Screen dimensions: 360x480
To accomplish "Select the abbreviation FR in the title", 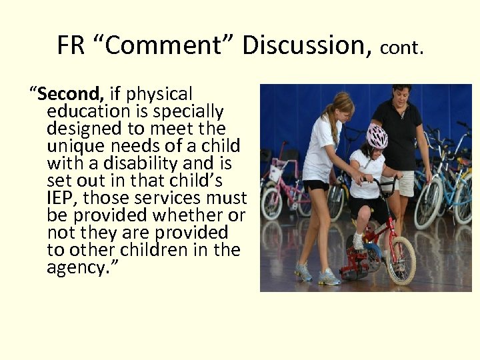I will click(70, 45).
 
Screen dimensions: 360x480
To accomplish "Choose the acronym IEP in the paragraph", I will click(63, 198).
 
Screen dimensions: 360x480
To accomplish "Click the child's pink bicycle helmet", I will click(377, 136).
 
